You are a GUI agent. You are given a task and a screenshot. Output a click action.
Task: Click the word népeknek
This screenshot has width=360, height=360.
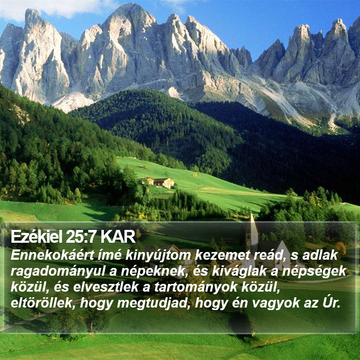[153, 272]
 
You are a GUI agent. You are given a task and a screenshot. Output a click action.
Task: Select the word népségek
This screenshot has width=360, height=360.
[314, 272]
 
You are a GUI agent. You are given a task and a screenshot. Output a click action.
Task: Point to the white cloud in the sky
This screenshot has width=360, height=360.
[58, 8]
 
